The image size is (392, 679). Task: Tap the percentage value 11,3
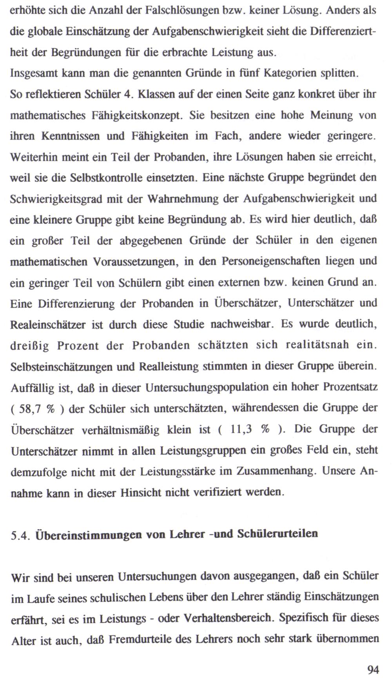(x=241, y=430)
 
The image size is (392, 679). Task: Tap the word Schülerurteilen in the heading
(x=277, y=534)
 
